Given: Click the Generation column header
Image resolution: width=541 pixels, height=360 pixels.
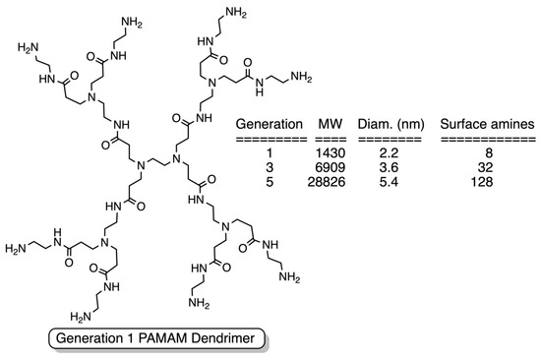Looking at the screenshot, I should (267, 126).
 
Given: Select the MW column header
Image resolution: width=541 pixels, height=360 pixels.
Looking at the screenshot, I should (330, 126).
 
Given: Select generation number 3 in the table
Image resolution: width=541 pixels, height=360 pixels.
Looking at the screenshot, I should (267, 169).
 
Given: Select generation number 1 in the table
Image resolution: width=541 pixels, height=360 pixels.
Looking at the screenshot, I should (267, 155).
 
